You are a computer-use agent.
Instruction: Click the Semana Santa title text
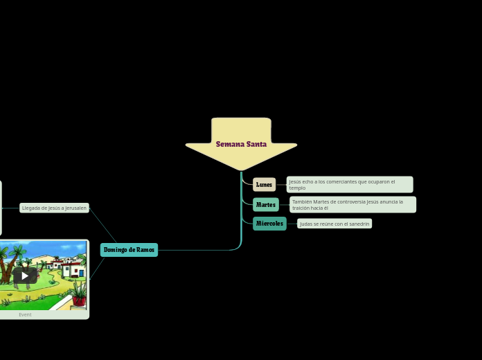click(x=241, y=144)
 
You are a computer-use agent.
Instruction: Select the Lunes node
click(x=264, y=185)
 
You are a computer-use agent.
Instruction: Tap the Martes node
click(x=265, y=205)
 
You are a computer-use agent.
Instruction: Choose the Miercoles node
click(x=269, y=224)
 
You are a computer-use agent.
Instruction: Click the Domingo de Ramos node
click(x=129, y=250)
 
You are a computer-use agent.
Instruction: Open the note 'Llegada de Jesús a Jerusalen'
click(x=54, y=208)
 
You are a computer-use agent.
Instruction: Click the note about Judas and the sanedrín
click(x=334, y=224)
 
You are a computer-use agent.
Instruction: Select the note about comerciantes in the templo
click(x=350, y=185)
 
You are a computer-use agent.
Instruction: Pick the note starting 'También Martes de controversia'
click(x=352, y=204)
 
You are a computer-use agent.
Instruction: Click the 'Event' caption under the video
click(x=25, y=314)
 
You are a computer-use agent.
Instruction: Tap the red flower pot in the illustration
click(x=79, y=300)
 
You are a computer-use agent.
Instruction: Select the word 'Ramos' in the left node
click(x=145, y=250)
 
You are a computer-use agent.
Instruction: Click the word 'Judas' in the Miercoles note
click(x=306, y=224)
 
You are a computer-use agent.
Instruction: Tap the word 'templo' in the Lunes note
click(x=297, y=188)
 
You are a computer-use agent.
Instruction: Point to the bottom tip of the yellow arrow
click(x=241, y=169)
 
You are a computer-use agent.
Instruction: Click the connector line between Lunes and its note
click(x=281, y=185)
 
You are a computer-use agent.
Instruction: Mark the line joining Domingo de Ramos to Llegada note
click(x=102, y=225)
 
